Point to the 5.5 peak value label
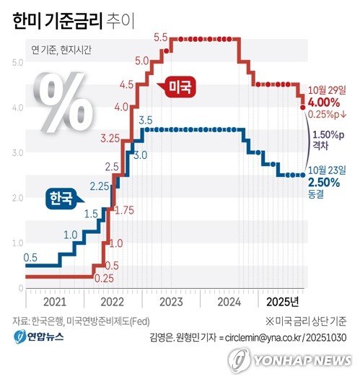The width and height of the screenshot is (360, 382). point(161,37)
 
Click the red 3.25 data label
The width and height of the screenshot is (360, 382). point(110,137)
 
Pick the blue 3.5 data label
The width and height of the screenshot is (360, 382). point(144,119)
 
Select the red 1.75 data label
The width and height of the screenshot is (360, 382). point(124,210)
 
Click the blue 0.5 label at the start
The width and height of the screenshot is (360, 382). point(30,257)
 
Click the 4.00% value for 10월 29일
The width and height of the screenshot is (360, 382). point(326,103)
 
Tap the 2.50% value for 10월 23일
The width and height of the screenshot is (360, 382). point(326,182)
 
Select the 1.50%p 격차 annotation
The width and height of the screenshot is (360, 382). point(330,139)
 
